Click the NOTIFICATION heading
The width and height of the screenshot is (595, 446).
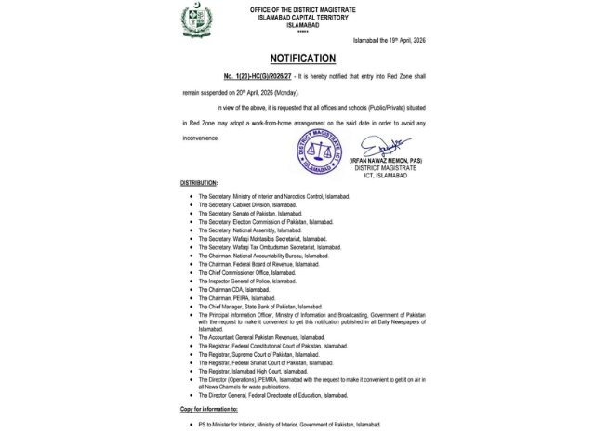click(302, 59)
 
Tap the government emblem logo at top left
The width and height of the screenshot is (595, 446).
click(196, 20)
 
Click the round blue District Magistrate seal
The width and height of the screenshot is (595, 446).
click(319, 151)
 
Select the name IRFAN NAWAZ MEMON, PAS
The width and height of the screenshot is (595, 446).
click(385, 161)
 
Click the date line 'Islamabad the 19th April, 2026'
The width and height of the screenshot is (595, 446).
click(389, 41)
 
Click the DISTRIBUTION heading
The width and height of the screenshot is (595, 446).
click(199, 183)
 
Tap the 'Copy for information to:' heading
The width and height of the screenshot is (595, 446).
click(208, 409)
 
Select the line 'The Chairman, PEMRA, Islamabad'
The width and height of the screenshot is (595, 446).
click(236, 298)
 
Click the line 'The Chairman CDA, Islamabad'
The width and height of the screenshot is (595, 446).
click(233, 290)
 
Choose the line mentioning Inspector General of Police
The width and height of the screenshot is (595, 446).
click(246, 282)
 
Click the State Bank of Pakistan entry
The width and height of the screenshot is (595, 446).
click(259, 307)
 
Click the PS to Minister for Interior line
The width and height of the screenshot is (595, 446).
click(289, 425)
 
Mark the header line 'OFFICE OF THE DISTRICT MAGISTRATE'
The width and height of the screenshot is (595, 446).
click(302, 9)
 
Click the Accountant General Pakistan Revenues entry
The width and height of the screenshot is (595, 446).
click(261, 337)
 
